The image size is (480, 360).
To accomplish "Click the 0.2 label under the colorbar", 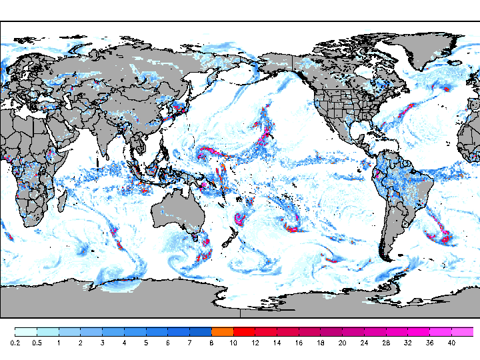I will tap(15, 343).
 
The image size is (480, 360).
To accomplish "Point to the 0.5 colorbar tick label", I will tap(37, 343).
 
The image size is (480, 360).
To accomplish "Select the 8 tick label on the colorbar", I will tap(211, 343).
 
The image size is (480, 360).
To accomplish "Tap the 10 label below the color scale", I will tap(233, 343).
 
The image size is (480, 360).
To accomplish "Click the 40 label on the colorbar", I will tap(452, 343).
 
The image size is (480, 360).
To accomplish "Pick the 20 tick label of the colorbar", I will tap(343, 343).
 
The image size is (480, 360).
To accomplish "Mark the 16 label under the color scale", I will tap(299, 343).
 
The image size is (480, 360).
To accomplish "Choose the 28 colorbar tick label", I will tap(387, 343).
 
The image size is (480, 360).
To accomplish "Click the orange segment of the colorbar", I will tap(222, 331).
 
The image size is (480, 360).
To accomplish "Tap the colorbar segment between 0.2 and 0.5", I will tap(25, 331).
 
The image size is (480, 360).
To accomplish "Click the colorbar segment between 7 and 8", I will tap(200, 331).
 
